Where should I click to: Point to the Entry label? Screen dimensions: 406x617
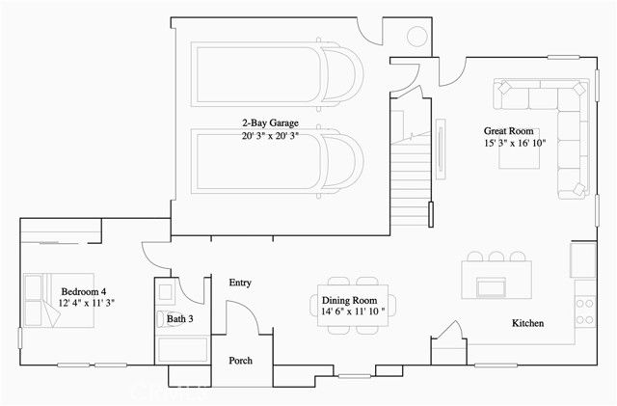pos(240,283)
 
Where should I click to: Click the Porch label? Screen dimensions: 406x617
pos(240,361)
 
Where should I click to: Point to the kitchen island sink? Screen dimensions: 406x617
pos(492,286)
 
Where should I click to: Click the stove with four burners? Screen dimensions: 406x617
pos(584,309)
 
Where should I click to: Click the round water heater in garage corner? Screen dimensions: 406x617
pos(419,36)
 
